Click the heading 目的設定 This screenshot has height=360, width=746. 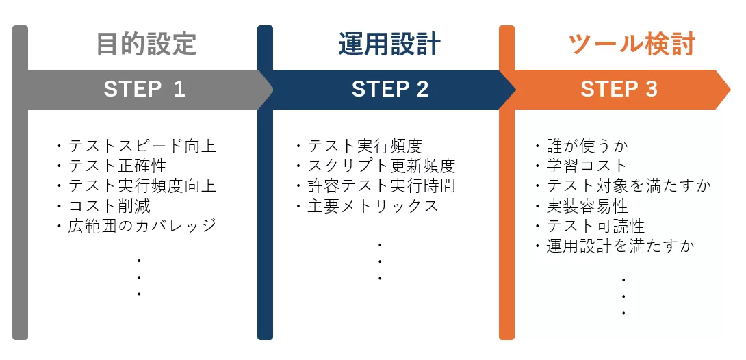coord(146,44)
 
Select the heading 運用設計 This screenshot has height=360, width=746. coord(389,44)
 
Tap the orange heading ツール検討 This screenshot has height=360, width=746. coord(632,44)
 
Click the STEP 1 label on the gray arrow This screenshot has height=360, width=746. coord(144,90)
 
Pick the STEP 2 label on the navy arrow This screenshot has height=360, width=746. coord(390,90)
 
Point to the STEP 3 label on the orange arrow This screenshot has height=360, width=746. coord(619,90)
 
